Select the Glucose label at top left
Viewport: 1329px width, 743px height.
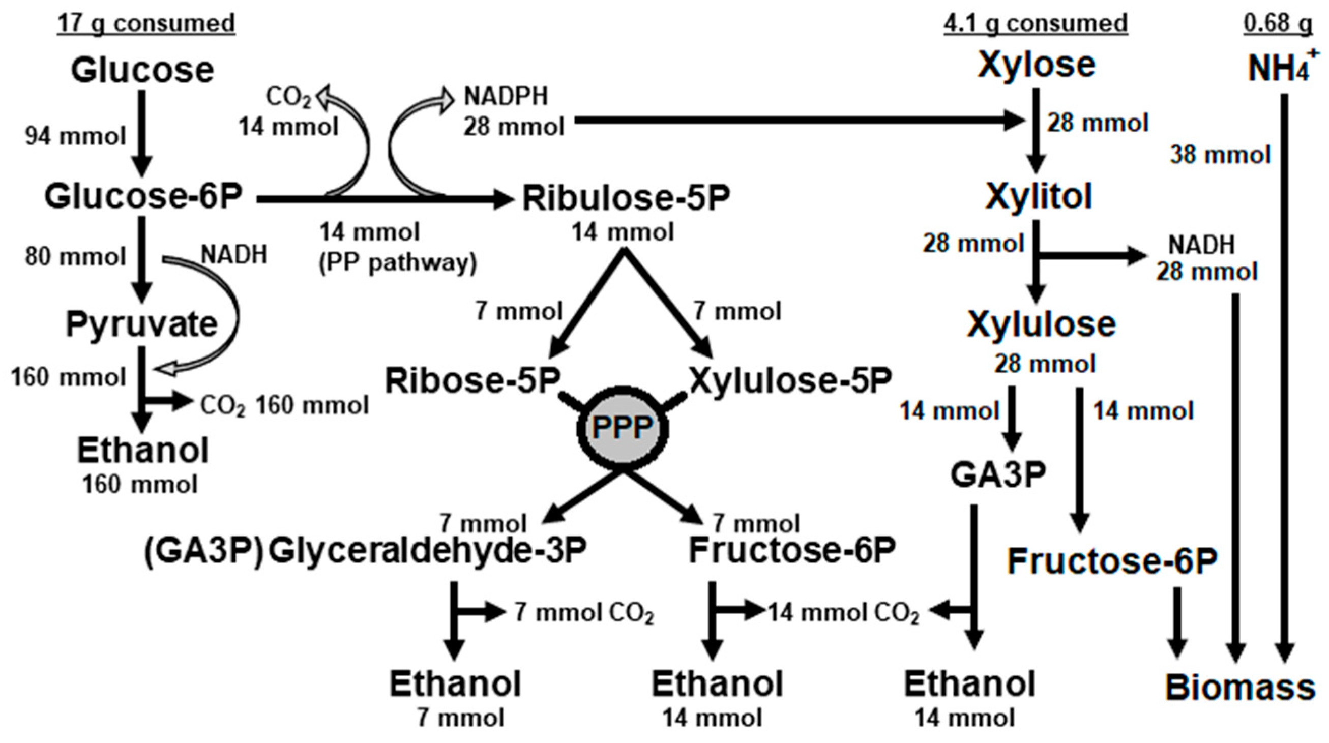(142, 70)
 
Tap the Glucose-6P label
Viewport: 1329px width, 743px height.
(143, 197)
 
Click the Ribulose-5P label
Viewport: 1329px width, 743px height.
(626, 199)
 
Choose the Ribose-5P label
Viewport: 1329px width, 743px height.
(472, 381)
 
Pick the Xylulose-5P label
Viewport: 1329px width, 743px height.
(791, 381)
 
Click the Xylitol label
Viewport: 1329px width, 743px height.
(1039, 197)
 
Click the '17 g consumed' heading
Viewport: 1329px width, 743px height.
(146, 23)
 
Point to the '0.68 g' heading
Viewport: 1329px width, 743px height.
(1278, 23)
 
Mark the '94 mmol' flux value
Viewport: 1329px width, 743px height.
(75, 136)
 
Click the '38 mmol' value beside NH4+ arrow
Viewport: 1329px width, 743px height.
(1220, 155)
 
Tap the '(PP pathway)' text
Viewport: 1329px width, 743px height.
(398, 263)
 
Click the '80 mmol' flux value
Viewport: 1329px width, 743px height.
(75, 257)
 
